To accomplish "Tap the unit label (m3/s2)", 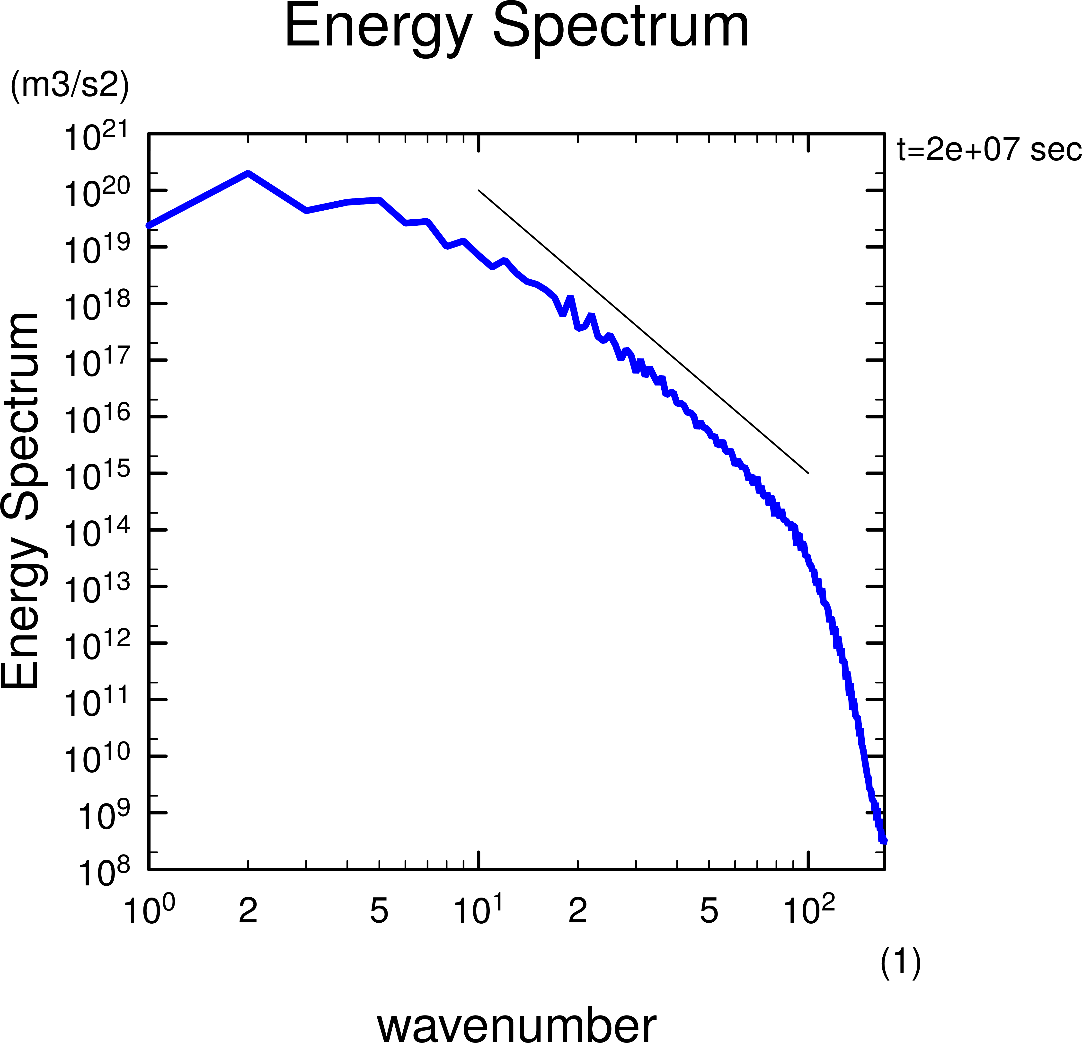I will coord(70,86).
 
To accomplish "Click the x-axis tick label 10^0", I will coord(149,910).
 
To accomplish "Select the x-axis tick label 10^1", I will coord(478,910).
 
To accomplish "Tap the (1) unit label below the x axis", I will coord(900,963).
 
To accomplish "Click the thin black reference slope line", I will coord(643,331).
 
